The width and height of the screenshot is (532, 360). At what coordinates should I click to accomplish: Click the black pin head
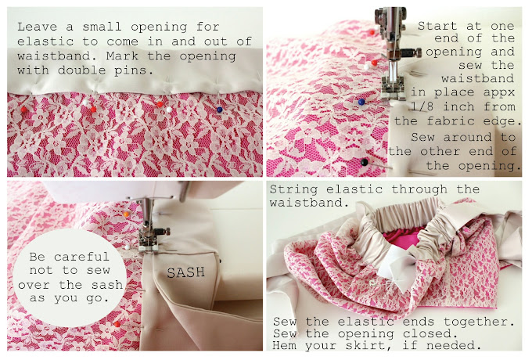coord(365,162)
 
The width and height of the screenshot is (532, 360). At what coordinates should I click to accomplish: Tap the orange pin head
coord(126,214)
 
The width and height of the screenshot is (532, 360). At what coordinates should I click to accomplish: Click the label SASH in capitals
coord(186,272)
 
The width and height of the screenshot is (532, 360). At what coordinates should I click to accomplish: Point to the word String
coord(294,189)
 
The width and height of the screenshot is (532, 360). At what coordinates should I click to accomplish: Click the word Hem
coord(284,345)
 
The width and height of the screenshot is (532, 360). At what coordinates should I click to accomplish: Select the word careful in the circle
coord(81,257)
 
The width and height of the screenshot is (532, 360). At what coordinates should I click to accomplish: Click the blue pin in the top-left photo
coord(220,110)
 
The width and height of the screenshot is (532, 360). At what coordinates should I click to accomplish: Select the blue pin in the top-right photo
coord(361,102)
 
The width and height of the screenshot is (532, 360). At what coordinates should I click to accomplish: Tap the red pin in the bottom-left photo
coord(117,324)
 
